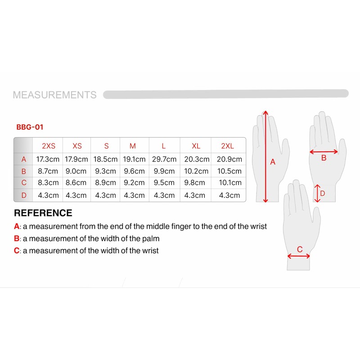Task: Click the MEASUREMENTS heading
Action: point(54,95)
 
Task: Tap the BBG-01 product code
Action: point(30,127)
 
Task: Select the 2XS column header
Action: point(48,146)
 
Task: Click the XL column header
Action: point(196,146)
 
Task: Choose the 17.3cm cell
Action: point(48,159)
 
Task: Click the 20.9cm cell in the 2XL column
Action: point(229,159)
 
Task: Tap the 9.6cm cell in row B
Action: point(134,171)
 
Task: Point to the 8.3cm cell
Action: point(48,183)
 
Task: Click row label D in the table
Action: point(24,195)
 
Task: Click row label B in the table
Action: point(24,171)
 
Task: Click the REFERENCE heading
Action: point(43,213)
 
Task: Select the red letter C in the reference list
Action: point(17,251)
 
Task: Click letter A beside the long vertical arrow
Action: point(272,162)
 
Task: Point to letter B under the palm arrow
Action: point(324,158)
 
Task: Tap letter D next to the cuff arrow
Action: point(322,193)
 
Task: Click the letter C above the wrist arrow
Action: point(299,249)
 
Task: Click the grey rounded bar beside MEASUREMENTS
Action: point(225,94)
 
